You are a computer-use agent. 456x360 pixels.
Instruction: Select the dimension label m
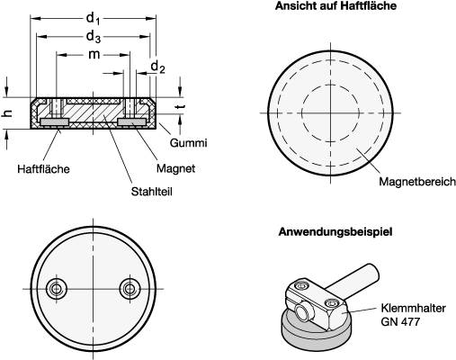click(94, 56)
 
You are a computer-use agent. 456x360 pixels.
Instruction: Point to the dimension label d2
click(157, 67)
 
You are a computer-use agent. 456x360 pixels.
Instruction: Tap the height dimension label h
click(8, 113)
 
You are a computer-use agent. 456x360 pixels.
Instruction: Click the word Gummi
click(189, 143)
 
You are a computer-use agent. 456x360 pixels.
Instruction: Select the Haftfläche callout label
click(41, 168)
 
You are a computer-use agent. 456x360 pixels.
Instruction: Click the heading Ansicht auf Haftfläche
click(337, 6)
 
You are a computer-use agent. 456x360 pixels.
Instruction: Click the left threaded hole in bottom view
click(58, 288)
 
